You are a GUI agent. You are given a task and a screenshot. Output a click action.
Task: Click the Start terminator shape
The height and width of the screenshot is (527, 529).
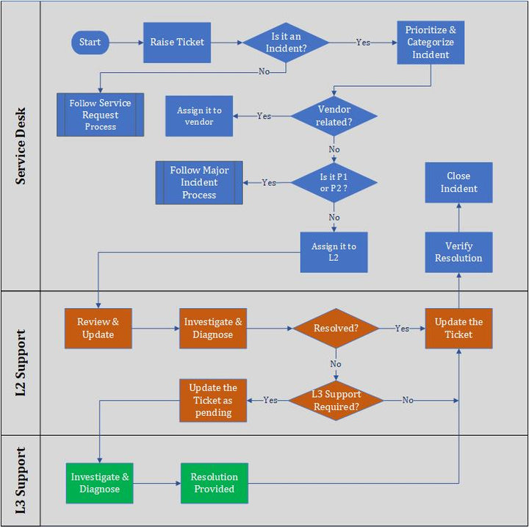click(x=90, y=42)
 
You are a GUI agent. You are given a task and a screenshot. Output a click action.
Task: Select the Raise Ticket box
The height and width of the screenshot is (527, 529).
click(x=177, y=42)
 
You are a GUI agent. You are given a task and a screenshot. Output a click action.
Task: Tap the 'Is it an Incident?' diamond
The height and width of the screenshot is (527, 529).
click(x=286, y=43)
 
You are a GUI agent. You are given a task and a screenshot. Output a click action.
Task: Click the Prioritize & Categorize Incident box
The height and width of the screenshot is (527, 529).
click(x=431, y=43)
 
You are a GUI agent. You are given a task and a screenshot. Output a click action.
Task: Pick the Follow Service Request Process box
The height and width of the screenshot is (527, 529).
click(x=101, y=115)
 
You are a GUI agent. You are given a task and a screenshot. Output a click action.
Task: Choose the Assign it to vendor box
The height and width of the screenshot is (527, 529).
click(x=199, y=115)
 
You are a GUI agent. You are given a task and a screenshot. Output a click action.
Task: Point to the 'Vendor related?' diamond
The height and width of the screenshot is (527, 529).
click(x=334, y=116)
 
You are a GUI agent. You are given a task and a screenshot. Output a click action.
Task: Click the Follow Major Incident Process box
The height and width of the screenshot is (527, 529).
click(x=199, y=182)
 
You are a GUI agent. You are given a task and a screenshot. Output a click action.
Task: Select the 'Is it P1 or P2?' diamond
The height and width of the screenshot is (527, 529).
click(x=334, y=182)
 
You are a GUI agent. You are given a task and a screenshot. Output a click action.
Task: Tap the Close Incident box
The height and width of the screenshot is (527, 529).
click(x=458, y=182)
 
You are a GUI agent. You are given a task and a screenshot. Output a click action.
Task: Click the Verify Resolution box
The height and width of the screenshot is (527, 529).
click(x=458, y=252)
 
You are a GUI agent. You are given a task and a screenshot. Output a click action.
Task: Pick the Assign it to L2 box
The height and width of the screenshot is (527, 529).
click(x=334, y=252)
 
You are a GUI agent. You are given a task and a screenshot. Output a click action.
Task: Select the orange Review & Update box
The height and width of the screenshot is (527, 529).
click(x=98, y=329)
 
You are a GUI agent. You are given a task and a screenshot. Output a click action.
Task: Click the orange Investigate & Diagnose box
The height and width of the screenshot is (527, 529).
click(x=212, y=329)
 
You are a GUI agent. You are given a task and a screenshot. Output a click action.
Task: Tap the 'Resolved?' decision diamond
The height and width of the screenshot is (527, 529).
click(x=336, y=329)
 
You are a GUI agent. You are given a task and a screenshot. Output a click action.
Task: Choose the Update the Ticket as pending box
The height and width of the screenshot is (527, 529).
click(x=213, y=401)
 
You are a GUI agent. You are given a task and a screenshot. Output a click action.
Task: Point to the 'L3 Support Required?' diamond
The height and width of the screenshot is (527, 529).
click(x=336, y=401)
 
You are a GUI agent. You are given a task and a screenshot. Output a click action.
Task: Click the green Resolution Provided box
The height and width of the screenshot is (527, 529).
click(x=215, y=483)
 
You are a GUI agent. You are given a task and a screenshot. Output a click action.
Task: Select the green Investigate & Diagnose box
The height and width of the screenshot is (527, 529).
click(x=100, y=483)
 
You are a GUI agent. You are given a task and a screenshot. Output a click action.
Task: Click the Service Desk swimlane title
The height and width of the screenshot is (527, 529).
click(x=21, y=146)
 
